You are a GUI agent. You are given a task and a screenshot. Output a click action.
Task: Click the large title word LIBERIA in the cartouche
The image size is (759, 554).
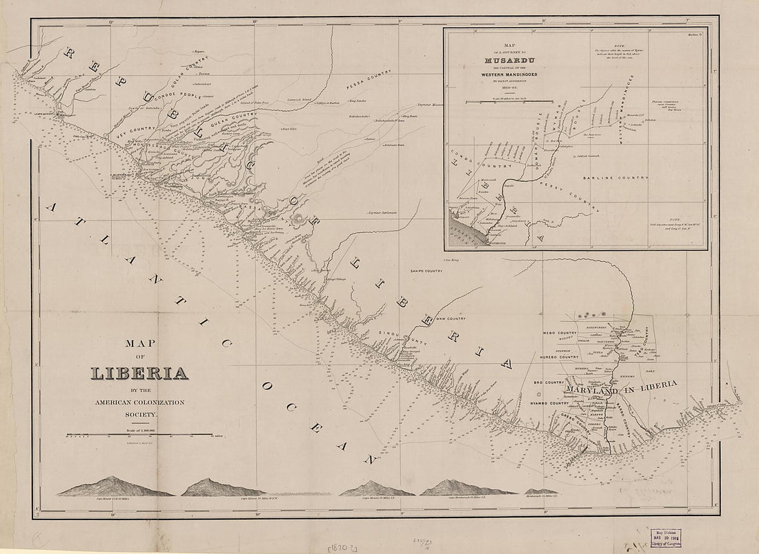coord(140,373)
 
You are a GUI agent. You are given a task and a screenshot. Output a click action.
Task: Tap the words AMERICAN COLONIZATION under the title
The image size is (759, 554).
coord(140,402)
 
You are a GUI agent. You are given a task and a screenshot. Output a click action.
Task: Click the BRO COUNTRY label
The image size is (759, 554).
coord(549,381)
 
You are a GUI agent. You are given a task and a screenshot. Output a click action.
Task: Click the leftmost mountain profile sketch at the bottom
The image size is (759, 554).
coord(115,487)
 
